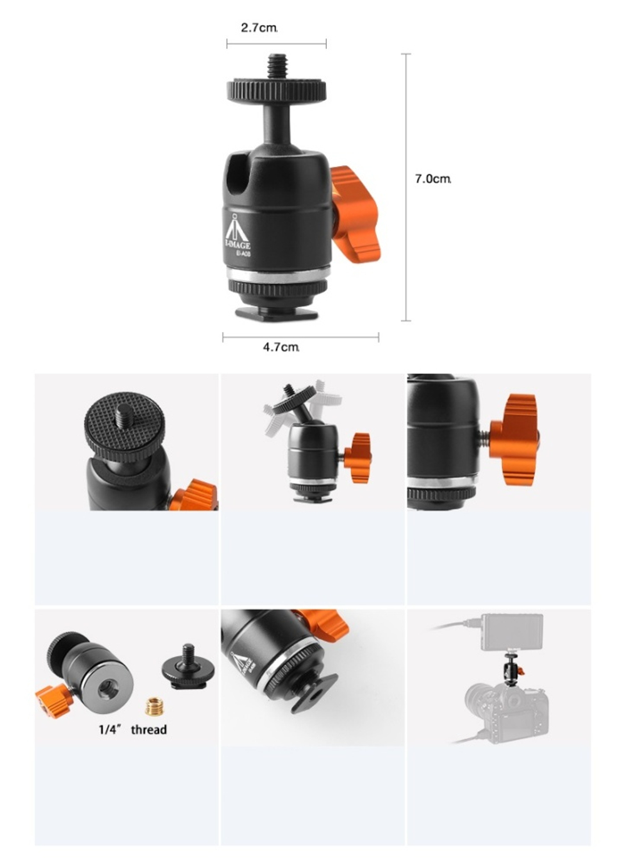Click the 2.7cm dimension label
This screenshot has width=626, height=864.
(259, 28)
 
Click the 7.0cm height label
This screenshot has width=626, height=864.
(433, 179)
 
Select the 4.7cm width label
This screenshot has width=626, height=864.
(280, 347)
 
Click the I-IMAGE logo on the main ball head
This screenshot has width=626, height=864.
(237, 235)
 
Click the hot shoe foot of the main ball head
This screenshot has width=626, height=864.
(276, 313)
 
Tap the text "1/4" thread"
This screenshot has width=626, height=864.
(133, 730)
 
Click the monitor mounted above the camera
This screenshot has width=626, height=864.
(512, 633)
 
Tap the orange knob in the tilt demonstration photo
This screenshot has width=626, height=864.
(357, 457)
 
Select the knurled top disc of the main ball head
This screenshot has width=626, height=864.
(276, 90)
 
